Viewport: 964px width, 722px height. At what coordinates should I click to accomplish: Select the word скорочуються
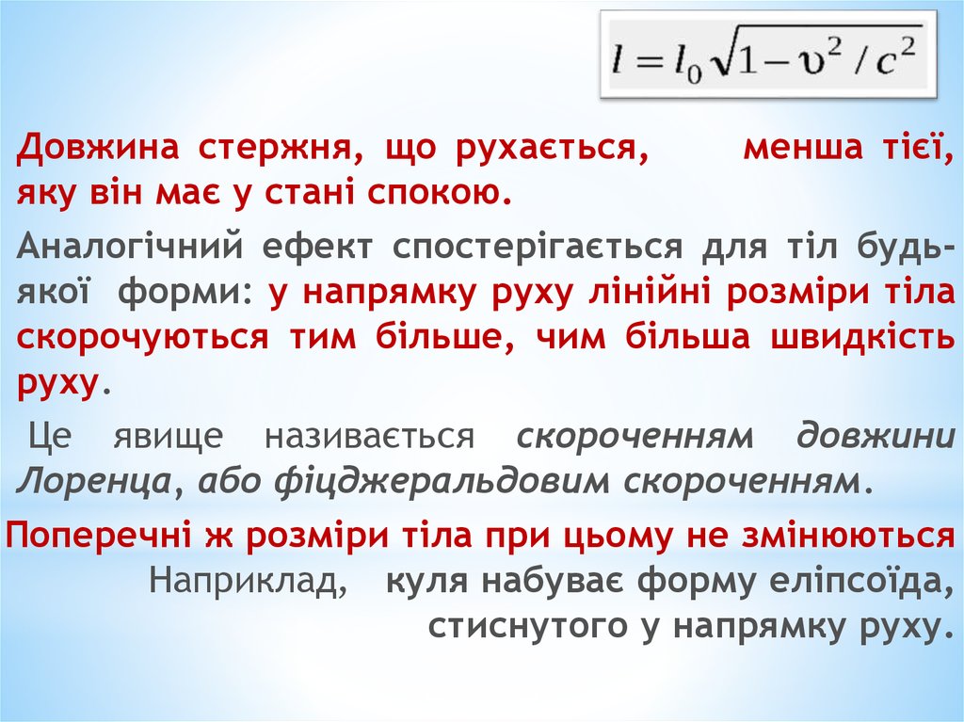(141, 338)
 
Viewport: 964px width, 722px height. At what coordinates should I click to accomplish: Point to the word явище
(169, 436)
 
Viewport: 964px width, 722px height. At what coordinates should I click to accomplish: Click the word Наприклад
(247, 581)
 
